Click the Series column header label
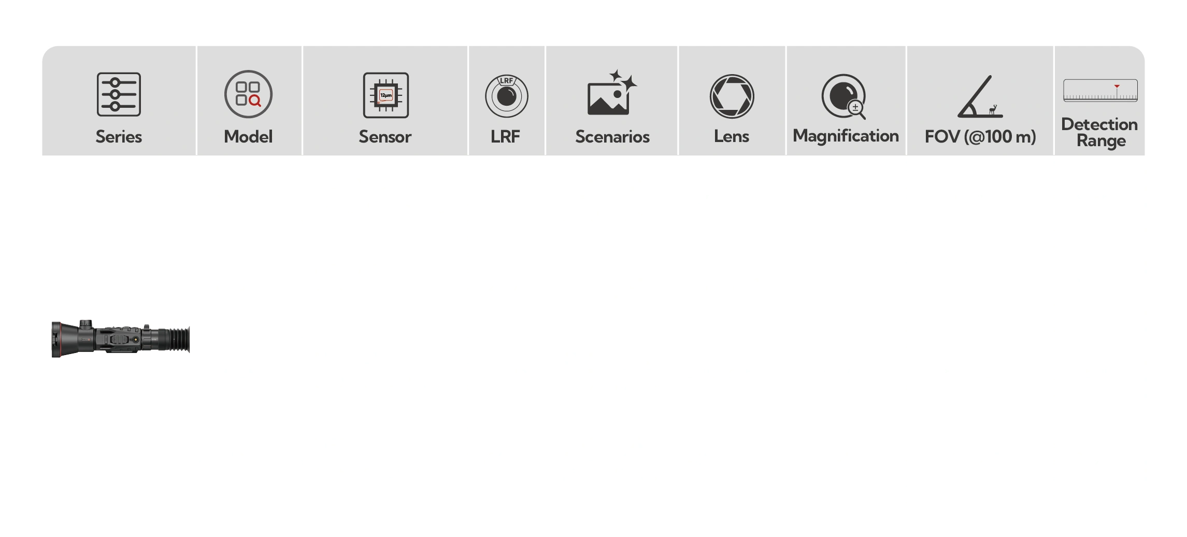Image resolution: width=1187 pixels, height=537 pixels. [x=119, y=137]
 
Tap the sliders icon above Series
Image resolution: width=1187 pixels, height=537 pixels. [x=119, y=94]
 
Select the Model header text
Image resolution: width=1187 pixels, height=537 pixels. [x=248, y=137]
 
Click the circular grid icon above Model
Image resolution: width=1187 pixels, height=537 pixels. [x=248, y=94]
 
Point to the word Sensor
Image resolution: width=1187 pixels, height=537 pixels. [x=385, y=137]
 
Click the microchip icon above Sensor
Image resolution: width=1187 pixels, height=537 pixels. [x=386, y=95]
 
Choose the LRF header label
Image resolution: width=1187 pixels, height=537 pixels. [x=505, y=137]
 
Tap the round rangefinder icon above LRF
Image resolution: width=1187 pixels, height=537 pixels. [x=506, y=96]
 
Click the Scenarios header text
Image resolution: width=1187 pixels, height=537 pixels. [x=612, y=137]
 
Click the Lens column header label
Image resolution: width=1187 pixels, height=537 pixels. [x=732, y=136]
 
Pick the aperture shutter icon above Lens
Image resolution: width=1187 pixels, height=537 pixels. [x=732, y=96]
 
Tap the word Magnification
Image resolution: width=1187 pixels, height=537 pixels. [x=846, y=136]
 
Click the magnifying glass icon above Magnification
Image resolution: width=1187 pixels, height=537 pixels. [x=843, y=96]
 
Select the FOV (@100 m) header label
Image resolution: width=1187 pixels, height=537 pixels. [x=980, y=137]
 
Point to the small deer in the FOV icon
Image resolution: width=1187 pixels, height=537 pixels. [x=993, y=110]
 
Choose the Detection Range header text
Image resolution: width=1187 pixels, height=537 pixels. [x=1099, y=133]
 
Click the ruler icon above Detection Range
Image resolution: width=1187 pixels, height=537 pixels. [x=1100, y=90]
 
